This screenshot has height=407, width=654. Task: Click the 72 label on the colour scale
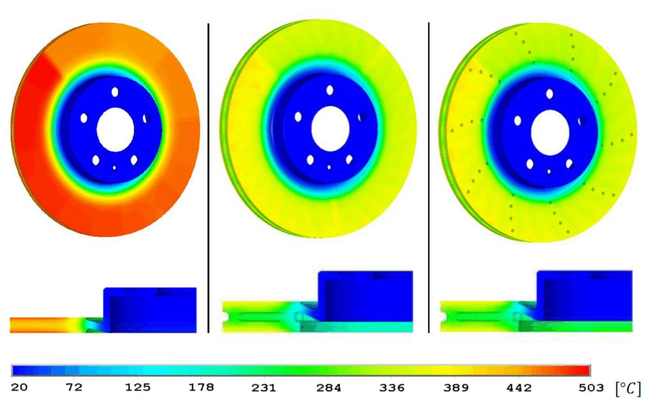pos(75,388)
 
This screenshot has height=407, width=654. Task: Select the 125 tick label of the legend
pos(137,388)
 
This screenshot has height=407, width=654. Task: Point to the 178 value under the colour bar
pos(201,388)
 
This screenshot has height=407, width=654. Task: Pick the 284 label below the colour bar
pos(328,388)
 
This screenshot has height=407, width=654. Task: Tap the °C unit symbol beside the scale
pos(627,388)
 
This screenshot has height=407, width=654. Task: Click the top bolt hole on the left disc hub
pos(115,92)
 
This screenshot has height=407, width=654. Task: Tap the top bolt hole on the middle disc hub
pos(330,91)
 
